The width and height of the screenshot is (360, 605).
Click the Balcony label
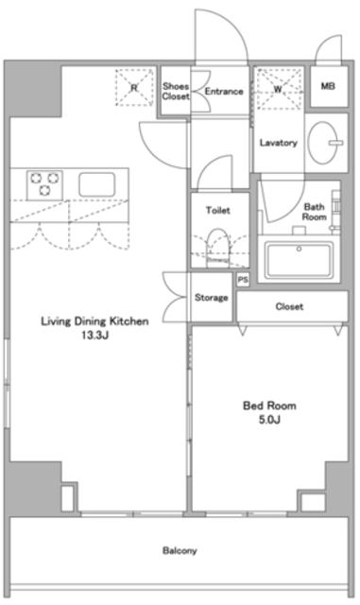pos(179,550)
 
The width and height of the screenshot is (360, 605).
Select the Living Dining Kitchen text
pos(94,321)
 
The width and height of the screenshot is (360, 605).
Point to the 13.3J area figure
pos(94,335)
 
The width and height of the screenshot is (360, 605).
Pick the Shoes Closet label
pos(175,91)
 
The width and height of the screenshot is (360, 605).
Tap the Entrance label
pos(224,92)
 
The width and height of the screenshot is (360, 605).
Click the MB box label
pos(328,87)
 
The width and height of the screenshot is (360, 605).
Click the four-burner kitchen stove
pos(43,182)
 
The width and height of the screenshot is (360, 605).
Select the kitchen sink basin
pos(95,182)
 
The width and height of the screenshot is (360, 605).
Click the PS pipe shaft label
pos(243,280)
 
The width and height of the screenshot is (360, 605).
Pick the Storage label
pos(212,298)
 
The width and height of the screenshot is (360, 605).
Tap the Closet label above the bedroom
pos(289,306)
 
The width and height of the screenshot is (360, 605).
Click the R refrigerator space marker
pos(134,88)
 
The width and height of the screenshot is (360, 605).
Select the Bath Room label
pos(315,212)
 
